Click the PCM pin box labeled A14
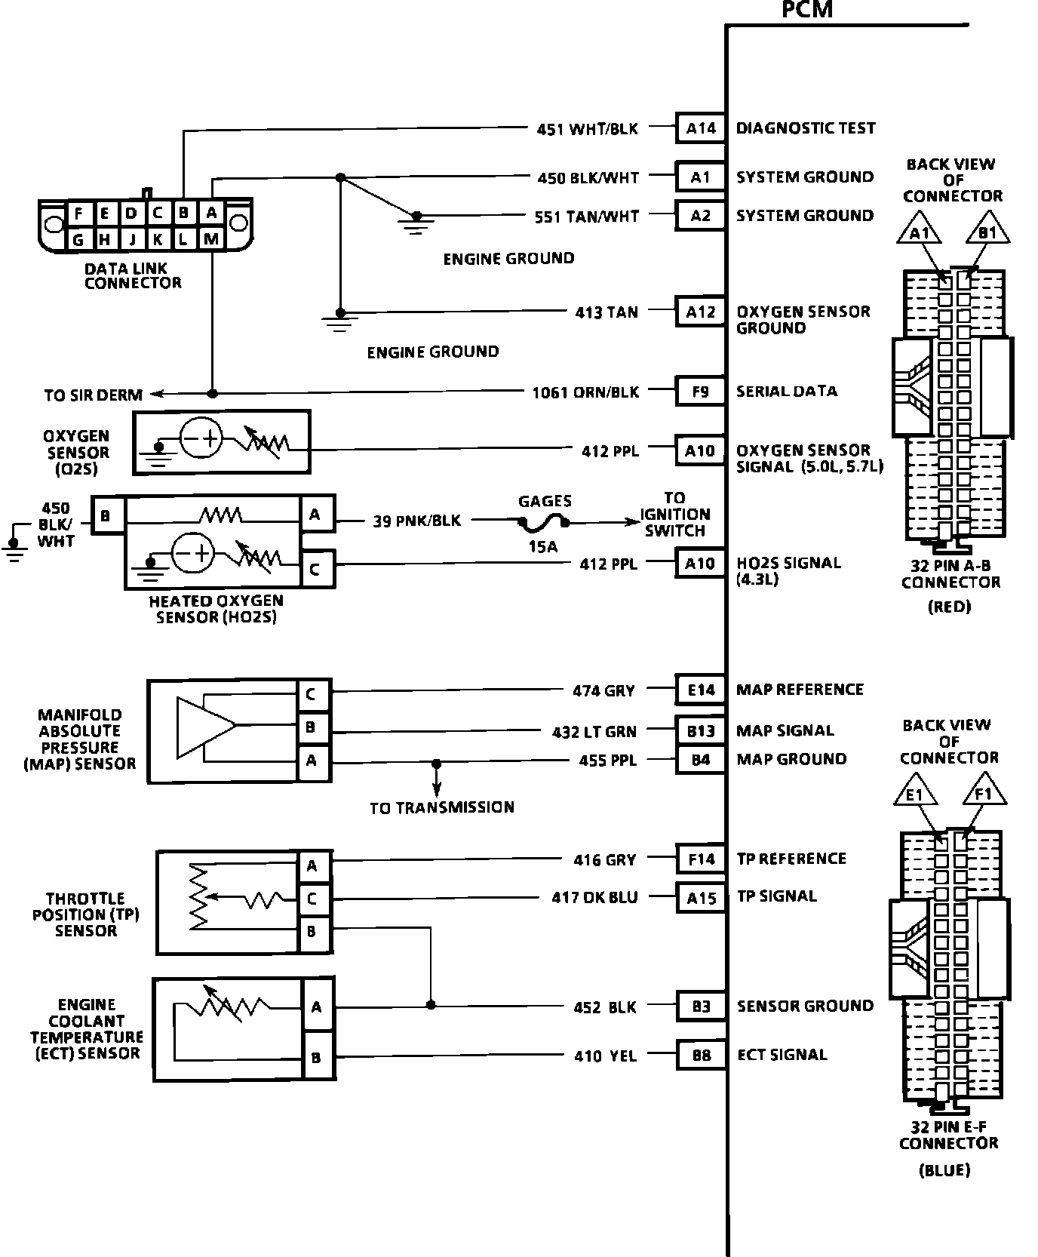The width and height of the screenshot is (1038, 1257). click(700, 128)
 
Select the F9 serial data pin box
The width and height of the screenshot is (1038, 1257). click(700, 391)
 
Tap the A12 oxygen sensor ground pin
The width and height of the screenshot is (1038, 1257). click(700, 312)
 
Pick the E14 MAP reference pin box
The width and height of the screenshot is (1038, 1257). click(700, 689)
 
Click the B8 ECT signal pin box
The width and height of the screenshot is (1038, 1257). click(701, 1055)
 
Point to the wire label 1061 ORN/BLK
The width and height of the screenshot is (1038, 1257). click(585, 392)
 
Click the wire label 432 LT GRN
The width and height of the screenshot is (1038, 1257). click(594, 731)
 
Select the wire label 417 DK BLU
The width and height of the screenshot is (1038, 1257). click(594, 897)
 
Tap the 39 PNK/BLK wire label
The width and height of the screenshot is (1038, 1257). click(416, 521)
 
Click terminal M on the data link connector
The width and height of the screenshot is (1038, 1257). click(212, 240)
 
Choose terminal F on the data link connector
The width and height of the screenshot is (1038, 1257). click(78, 214)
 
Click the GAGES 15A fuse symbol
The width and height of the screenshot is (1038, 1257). click(543, 521)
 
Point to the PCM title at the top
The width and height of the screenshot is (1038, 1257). click(806, 10)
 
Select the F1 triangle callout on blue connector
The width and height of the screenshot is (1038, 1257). click(984, 794)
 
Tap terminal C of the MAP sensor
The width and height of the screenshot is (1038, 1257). click(312, 694)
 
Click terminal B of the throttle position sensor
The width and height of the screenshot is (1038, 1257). click(312, 932)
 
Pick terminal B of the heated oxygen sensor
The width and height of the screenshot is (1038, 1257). click(106, 516)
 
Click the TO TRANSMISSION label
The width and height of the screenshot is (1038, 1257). click(441, 807)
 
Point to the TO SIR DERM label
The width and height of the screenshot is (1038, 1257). click(93, 395)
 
